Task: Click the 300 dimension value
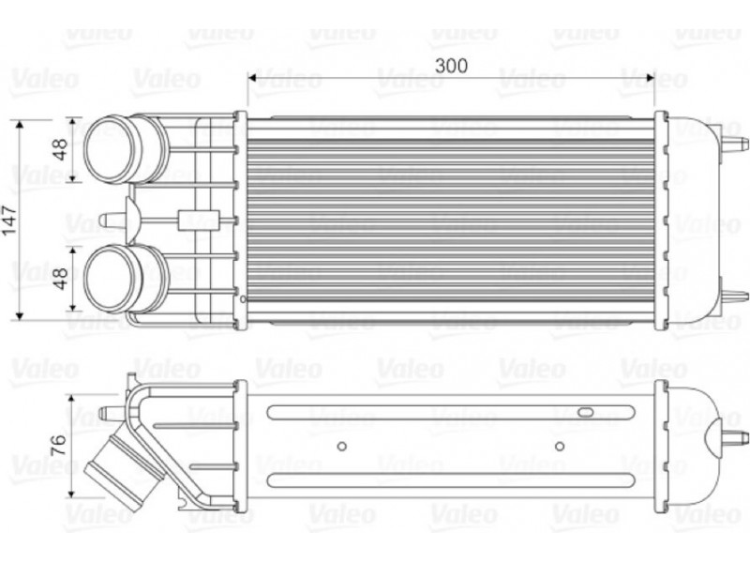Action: pos(451,66)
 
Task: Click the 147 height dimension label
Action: pos(10,221)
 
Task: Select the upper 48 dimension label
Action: pos(60,149)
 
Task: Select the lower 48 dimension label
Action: pos(60,278)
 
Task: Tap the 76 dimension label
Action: pos(59,445)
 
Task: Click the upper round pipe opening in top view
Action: pos(109,149)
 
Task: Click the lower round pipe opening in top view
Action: pos(109,279)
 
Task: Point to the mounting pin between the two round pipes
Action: pos(112,220)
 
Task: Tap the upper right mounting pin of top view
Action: pos(735,144)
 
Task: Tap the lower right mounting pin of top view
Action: pos(735,297)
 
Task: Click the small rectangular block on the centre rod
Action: pos(199,221)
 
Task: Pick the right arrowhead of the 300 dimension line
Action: pos(649,78)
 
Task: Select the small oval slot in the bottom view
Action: pos(585,412)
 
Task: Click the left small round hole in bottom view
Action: pos(341,447)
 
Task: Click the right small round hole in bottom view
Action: pos(559,447)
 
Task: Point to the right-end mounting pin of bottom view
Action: pos(734,437)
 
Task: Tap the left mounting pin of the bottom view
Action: pos(112,412)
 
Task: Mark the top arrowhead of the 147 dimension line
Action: pos(19,126)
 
